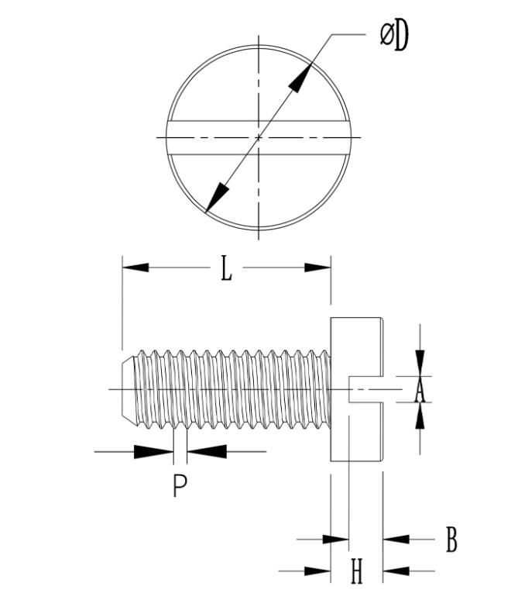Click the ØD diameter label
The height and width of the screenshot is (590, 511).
pyautogui.click(x=394, y=36)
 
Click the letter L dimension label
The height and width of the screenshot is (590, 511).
pyautogui.click(x=226, y=268)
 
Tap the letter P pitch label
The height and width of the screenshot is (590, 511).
pyautogui.click(x=180, y=485)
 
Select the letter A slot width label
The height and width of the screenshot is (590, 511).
pyautogui.click(x=420, y=390)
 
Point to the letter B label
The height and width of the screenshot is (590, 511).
pyautogui.click(x=451, y=540)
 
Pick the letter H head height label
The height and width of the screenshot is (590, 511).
pyautogui.click(x=357, y=571)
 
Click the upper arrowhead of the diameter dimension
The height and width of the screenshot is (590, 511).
pyautogui.click(x=300, y=78)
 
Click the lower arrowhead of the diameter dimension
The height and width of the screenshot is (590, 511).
pyautogui.click(x=217, y=198)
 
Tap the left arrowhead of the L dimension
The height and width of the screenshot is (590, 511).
pyautogui.click(x=135, y=267)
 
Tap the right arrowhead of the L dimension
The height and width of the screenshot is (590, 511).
pyautogui.click(x=317, y=267)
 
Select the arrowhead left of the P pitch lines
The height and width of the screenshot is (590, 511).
pyautogui.click(x=153, y=451)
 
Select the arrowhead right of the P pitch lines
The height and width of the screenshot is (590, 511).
pyautogui.click(x=207, y=451)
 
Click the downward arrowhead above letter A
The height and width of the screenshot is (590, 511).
pyautogui.click(x=420, y=363)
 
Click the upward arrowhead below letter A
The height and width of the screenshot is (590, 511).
pyautogui.click(x=420, y=416)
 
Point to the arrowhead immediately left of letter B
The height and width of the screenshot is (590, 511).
pyautogui.click(x=396, y=539)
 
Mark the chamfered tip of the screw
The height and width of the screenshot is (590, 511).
pyautogui.click(x=128, y=389)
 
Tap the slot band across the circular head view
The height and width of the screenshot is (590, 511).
pyautogui.click(x=259, y=137)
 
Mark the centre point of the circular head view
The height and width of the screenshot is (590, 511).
pyautogui.click(x=259, y=137)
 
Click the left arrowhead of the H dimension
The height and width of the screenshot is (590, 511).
pyautogui.click(x=317, y=571)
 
